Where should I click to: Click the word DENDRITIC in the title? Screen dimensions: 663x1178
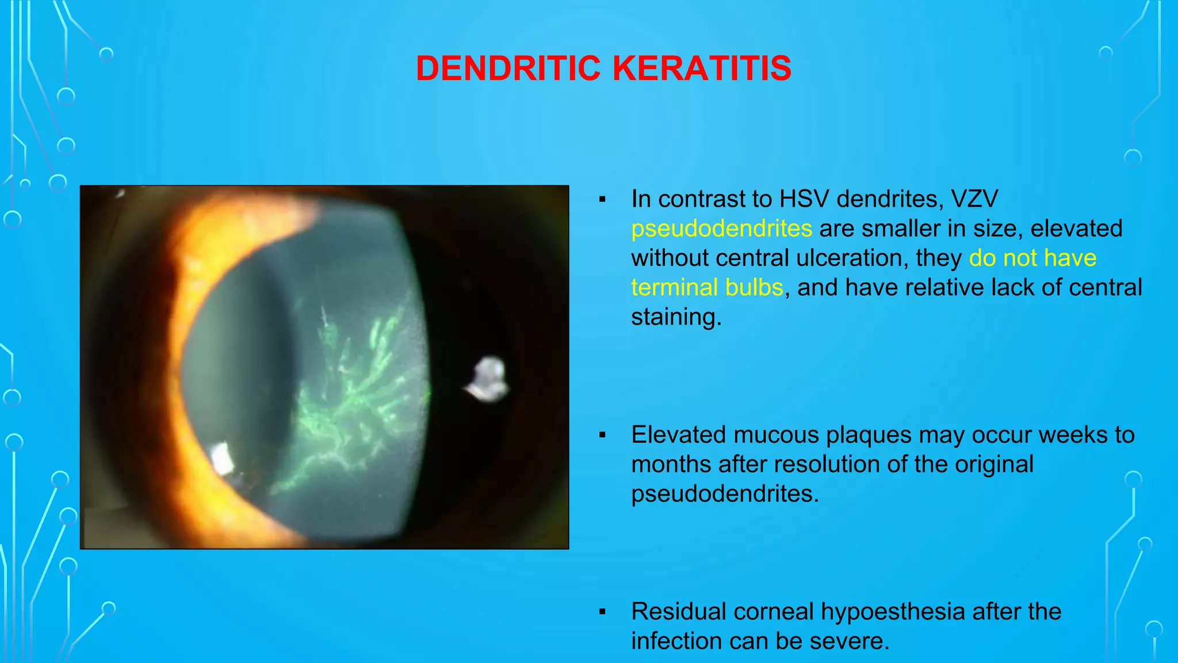[508, 68]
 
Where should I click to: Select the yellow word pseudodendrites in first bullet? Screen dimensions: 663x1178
[721, 228]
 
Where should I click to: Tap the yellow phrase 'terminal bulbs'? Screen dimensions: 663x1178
[707, 287]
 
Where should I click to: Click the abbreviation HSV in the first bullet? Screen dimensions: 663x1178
[804, 199]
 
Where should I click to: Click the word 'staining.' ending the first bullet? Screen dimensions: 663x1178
[676, 317]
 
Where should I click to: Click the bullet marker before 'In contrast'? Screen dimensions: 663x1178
[602, 200]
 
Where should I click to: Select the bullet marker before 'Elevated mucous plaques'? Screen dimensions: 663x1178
[602, 436]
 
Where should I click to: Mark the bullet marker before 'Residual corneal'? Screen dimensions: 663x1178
[602, 612]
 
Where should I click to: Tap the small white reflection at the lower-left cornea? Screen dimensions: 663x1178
[221, 459]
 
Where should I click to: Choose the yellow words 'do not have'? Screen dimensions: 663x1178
[1032, 258]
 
